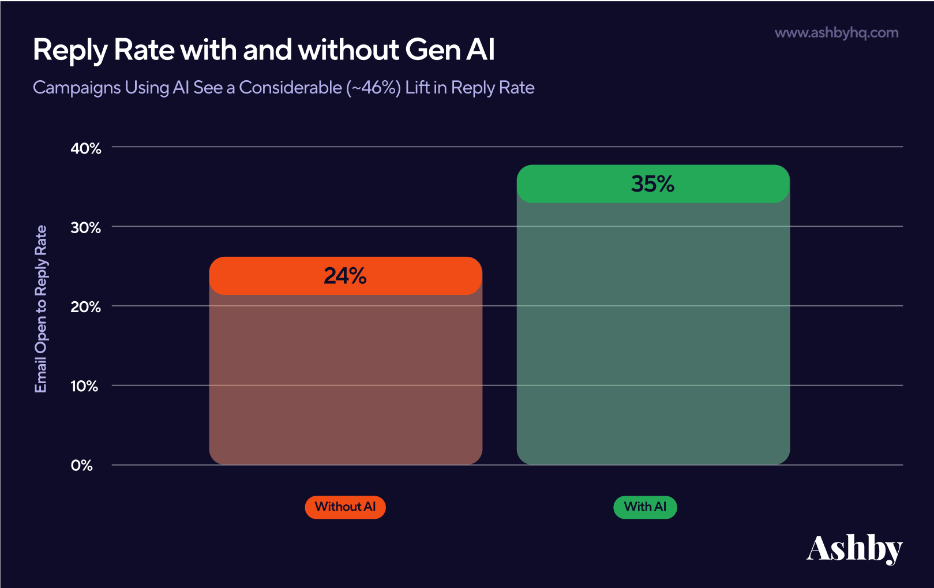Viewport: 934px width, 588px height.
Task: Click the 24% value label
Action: pos(345,276)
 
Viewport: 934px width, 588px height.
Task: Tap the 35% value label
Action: pos(652,184)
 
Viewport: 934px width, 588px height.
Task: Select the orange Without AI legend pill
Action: pos(345,507)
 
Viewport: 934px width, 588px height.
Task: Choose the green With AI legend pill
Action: pos(645,507)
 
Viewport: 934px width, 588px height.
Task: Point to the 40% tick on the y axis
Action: pos(86,148)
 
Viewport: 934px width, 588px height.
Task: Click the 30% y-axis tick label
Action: pos(86,228)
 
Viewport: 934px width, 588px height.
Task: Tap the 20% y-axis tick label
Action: pos(86,307)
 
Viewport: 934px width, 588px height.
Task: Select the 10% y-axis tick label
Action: pos(84,386)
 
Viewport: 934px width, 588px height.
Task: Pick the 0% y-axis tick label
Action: pos(82,466)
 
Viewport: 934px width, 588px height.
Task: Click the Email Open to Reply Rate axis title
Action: pos(40,309)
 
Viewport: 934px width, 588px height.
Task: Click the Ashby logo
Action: pos(854,549)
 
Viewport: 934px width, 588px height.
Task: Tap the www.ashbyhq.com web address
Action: pos(836,33)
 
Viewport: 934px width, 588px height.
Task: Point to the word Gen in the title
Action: pos(431,50)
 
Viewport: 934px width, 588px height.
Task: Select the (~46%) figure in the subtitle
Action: pos(373,88)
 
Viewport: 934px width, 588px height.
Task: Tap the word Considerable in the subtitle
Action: pos(290,88)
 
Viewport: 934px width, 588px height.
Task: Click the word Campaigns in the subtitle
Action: pos(77,88)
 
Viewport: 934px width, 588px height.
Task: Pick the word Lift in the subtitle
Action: pos(417,88)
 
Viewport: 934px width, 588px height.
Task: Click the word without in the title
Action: pos(348,50)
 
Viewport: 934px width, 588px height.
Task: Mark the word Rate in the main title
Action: pos(144,50)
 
